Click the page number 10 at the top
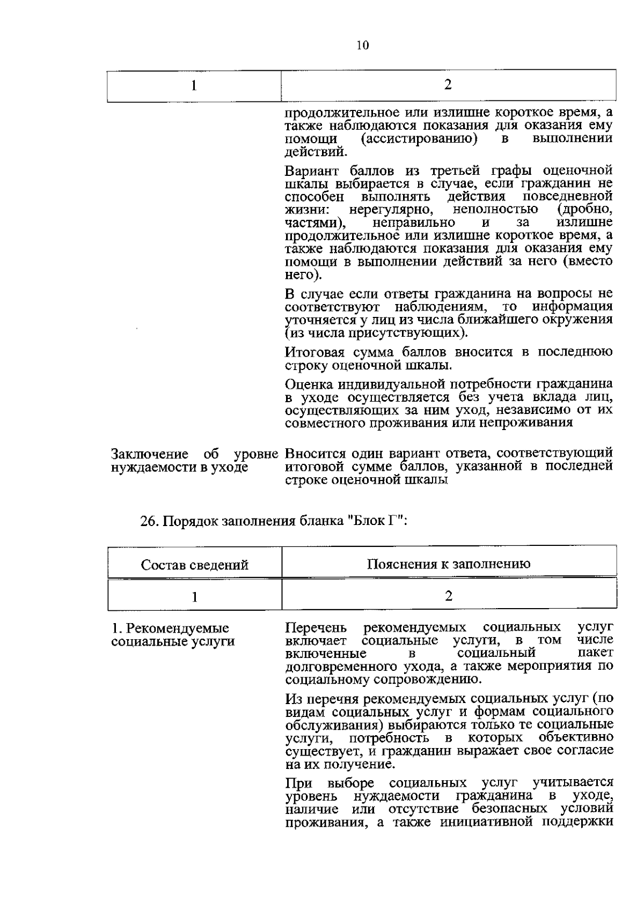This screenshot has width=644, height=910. pyautogui.click(x=362, y=46)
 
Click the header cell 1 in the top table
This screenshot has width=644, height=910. pyautogui.click(x=194, y=86)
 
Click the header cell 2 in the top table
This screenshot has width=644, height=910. pyautogui.click(x=448, y=85)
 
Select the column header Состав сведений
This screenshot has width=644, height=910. pyautogui.click(x=195, y=565)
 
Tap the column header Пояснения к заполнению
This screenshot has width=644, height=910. pyautogui.click(x=449, y=564)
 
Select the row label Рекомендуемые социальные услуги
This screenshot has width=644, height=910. pyautogui.click(x=172, y=635)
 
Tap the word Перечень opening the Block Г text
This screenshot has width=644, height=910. pyautogui.click(x=316, y=627)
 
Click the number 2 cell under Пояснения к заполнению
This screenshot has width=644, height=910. pyautogui.click(x=449, y=596)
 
